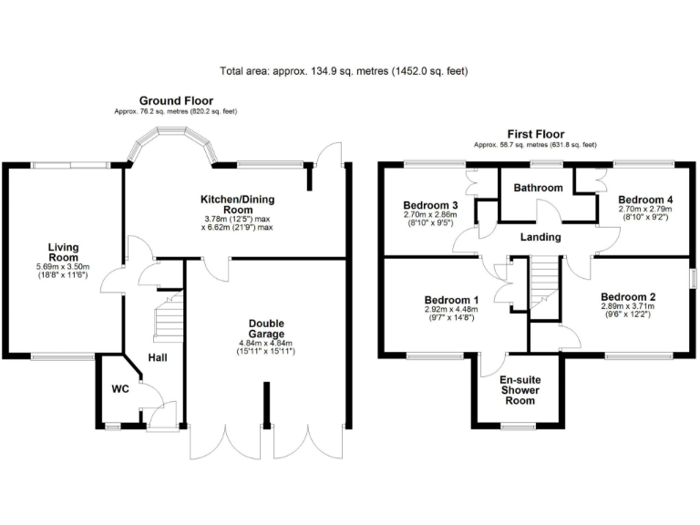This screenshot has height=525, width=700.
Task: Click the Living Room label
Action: [x=64, y=252]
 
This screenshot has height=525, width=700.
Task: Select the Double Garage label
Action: [x=266, y=329]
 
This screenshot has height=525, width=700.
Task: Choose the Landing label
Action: [x=541, y=237]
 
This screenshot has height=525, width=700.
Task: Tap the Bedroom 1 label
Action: [x=450, y=300]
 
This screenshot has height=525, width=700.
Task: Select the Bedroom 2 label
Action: [x=627, y=297]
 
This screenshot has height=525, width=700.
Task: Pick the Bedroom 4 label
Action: [x=644, y=199]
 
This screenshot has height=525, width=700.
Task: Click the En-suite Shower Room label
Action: [x=519, y=389]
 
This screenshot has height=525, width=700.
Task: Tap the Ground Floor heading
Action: [x=176, y=100]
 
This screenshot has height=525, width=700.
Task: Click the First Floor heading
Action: [x=534, y=134]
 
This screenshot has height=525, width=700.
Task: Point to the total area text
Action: [x=345, y=71]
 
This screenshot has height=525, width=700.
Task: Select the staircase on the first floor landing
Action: [x=543, y=273]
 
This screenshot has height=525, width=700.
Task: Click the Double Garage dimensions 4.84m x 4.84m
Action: [x=266, y=345]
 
